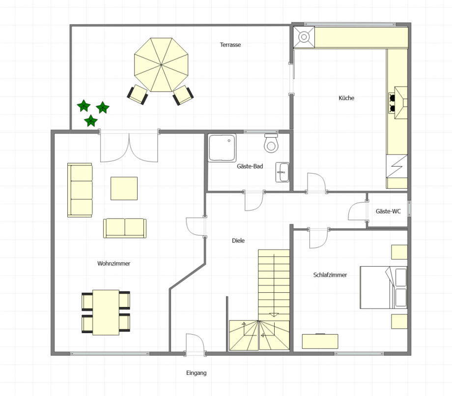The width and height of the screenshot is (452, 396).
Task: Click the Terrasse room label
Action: pyautogui.click(x=230, y=45)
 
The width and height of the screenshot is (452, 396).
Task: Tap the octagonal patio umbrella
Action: pyautogui.click(x=161, y=65)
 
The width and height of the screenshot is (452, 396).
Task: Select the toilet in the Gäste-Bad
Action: pyautogui.click(x=271, y=143)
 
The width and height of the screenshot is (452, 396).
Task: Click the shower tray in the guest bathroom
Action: pyautogui.click(x=222, y=147)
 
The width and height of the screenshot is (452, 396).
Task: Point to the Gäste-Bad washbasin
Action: pyautogui.click(x=282, y=172)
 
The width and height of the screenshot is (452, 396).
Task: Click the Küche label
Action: pyautogui.click(x=346, y=98)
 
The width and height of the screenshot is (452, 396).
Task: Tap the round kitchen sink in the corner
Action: pyautogui.click(x=304, y=37)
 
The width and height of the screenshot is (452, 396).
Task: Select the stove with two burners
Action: pyautogui.click(x=398, y=103)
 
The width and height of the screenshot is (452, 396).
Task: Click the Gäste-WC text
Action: pyautogui.click(x=388, y=211)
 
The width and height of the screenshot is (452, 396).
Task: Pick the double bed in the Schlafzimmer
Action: pyautogui.click(x=383, y=287)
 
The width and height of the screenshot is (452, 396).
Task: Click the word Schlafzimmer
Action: pyautogui.click(x=330, y=275)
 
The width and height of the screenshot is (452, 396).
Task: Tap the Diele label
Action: pyautogui.click(x=238, y=241)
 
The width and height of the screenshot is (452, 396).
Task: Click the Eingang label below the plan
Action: pyautogui.click(x=197, y=373)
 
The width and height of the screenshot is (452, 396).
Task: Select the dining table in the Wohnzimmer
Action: pyautogui.click(x=106, y=312)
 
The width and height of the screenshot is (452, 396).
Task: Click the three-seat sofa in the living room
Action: pyautogui.click(x=80, y=190)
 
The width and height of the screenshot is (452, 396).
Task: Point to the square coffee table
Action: pyautogui.click(x=124, y=189)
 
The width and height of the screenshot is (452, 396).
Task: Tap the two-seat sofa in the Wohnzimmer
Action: pyautogui.click(x=125, y=228)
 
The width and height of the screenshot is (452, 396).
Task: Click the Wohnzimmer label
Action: pyautogui.click(x=113, y=263)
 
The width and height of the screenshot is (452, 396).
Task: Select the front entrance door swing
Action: pyautogui.click(x=195, y=343)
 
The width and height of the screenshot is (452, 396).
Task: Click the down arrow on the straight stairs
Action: pyautogui.click(x=274, y=315)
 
